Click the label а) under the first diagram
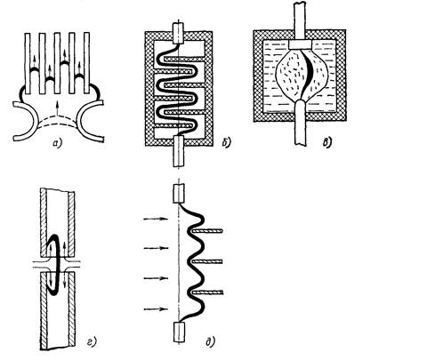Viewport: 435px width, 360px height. coord(57,143)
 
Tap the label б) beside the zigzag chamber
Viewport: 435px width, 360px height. coord(226,142)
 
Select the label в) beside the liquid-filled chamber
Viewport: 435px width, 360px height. coord(327,142)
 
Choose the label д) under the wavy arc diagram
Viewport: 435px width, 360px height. coord(210,342)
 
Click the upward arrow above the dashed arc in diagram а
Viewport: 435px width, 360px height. coord(58,108)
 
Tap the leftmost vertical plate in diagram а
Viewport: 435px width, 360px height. coord(28,63)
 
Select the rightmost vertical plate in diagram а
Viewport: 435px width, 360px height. coord(86,63)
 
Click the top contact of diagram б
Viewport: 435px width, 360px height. coord(178,33)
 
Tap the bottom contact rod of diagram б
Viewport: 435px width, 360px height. coord(178,151)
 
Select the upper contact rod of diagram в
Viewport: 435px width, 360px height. coord(299,21)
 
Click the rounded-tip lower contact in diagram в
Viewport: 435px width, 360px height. coord(300,122)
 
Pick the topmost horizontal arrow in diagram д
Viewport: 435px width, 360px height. coord(156,219)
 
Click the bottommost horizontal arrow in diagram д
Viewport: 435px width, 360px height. coord(156,309)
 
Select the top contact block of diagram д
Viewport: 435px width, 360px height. coord(179,193)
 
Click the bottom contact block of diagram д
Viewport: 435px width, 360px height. coord(179,332)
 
